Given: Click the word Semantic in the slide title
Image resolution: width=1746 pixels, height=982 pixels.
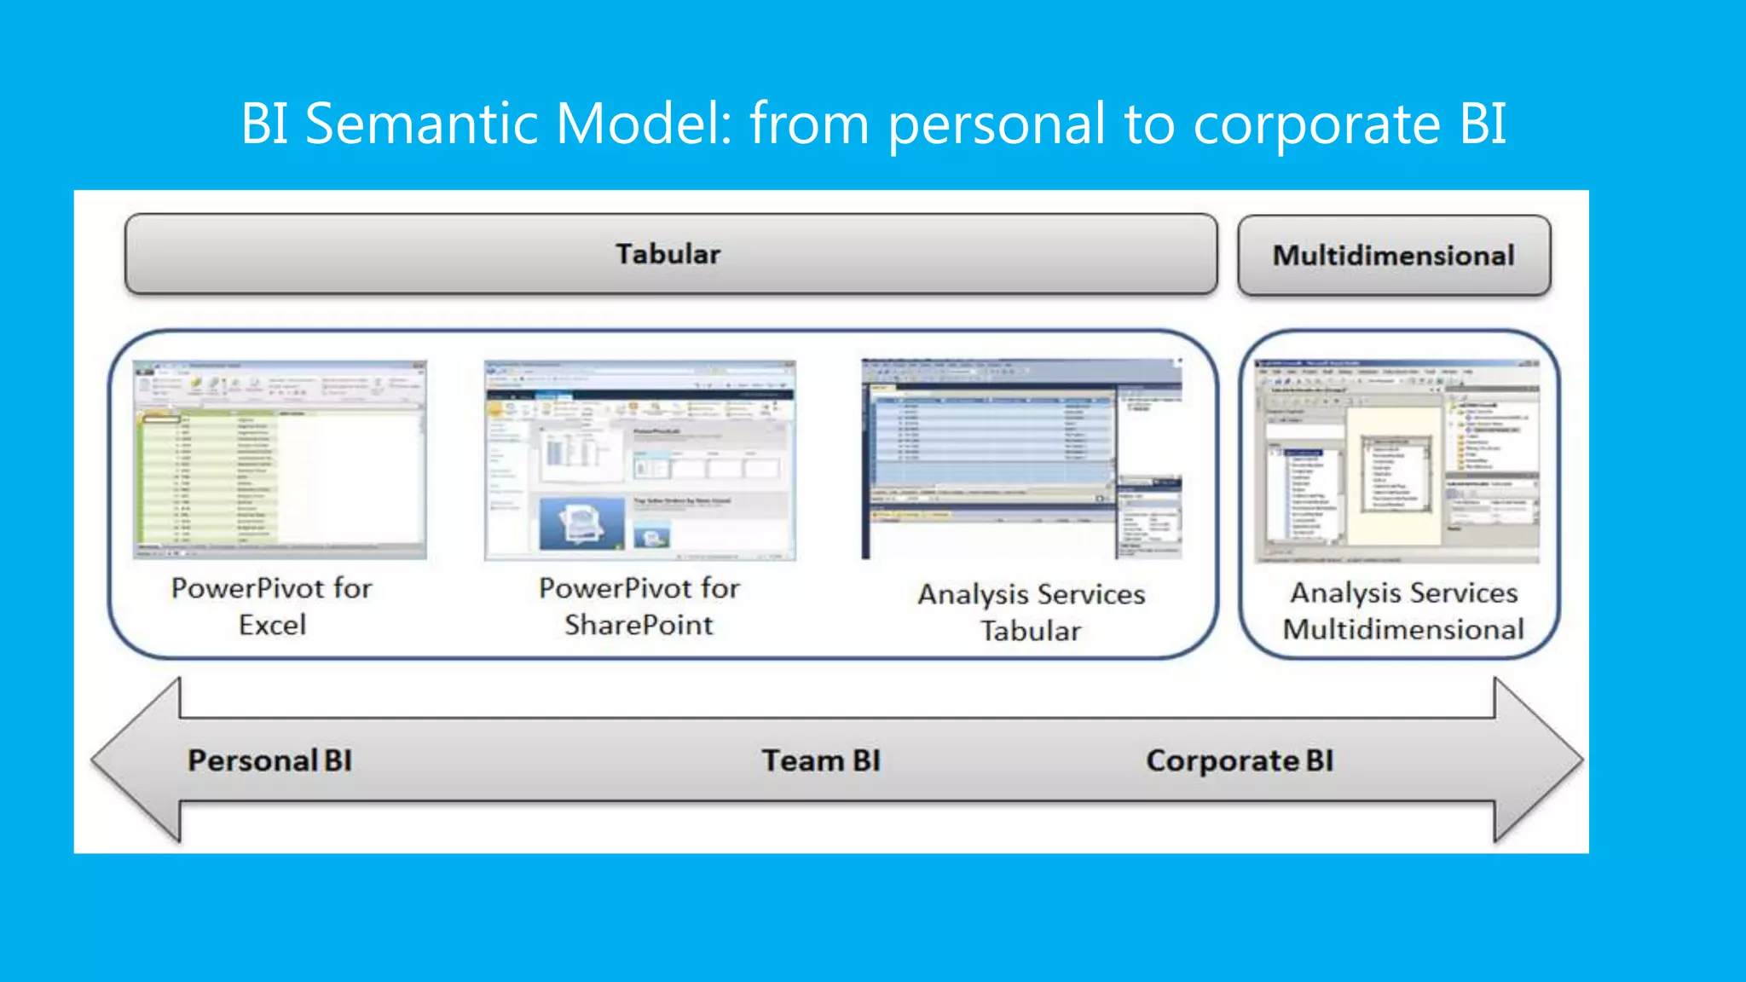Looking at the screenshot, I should tap(421, 124).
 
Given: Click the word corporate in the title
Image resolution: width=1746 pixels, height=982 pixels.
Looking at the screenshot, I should tap(1316, 124).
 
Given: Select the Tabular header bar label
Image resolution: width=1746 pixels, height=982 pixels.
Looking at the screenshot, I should tap(668, 254).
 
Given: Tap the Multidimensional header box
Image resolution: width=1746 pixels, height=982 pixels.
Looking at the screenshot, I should tap(1393, 256).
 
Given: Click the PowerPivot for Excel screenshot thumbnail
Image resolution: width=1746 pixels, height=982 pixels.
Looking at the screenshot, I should tap(280, 459).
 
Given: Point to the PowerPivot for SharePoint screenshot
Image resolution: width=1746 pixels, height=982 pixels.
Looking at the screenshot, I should tap(639, 460).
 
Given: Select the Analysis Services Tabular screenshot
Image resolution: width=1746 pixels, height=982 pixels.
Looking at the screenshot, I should tap(1021, 459).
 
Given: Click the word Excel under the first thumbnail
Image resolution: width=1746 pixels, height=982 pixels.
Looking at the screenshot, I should tap(272, 625).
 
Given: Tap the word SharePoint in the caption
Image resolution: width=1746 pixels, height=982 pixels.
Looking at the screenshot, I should tap(639, 625).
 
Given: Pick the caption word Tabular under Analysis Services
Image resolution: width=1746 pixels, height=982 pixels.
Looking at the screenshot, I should tap(1030, 631).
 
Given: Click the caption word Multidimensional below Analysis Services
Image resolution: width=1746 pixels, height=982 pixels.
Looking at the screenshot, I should tap(1402, 629).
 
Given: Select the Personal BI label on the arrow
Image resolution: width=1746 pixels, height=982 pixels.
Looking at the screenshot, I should tap(269, 760).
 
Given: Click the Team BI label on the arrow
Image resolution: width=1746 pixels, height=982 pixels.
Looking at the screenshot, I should tap(820, 760).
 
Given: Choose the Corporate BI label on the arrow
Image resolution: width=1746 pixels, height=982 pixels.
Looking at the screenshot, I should tap(1239, 760).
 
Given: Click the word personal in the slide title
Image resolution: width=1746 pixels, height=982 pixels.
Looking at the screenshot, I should tap(997, 124).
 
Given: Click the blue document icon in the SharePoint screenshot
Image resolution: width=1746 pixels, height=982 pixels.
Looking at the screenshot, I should tap(582, 523).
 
